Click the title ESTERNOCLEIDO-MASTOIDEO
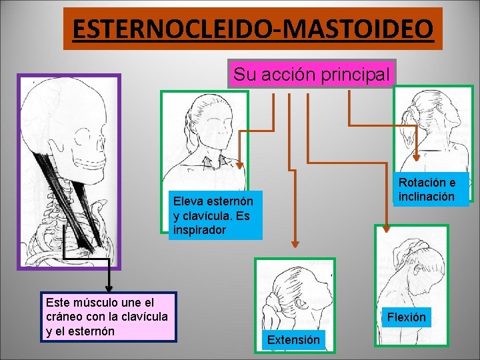[253, 29]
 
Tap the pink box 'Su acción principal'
[311, 75]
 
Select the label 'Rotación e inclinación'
[427, 189]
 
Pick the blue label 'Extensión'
[293, 340]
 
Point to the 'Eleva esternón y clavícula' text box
[214, 215]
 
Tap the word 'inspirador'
[199, 230]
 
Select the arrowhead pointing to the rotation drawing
[416, 157]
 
